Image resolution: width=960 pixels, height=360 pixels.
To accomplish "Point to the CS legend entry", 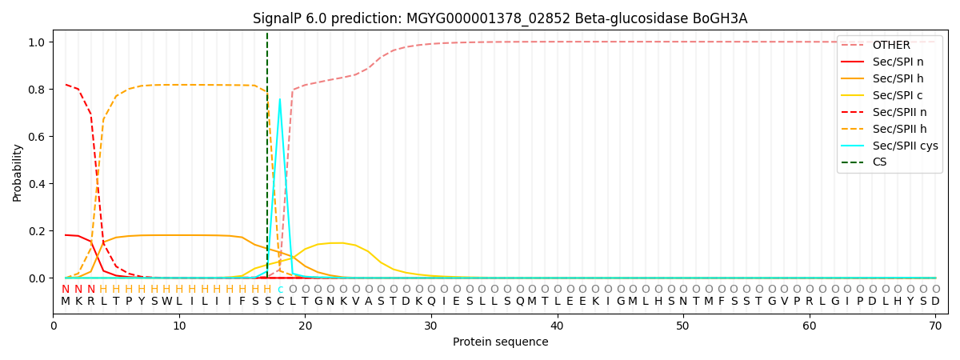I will tap(879, 162).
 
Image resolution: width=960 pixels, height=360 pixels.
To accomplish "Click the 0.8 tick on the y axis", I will tap(38, 90).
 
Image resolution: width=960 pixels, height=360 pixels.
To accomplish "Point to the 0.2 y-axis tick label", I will tap(38, 231).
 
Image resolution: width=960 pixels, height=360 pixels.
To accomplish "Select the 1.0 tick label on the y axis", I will tap(38, 42).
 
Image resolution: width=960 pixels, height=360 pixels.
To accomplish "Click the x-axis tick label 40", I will tap(557, 326).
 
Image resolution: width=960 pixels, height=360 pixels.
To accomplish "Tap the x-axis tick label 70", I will tap(935, 326).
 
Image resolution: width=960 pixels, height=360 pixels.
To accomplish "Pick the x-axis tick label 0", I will tap(54, 326).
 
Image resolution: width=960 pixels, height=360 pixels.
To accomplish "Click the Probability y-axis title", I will tap(18, 173).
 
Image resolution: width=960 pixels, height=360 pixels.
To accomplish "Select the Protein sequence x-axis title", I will tap(500, 342).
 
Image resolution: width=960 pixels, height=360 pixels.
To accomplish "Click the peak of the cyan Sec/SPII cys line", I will tap(280, 99).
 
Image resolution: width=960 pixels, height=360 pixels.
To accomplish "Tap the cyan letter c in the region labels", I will tap(280, 290).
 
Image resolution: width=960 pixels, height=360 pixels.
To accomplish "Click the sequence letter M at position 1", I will tap(66, 302).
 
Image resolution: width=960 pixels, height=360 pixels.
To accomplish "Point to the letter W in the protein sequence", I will tap(166, 302).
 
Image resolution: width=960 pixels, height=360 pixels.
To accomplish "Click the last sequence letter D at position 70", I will tap(935, 302).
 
